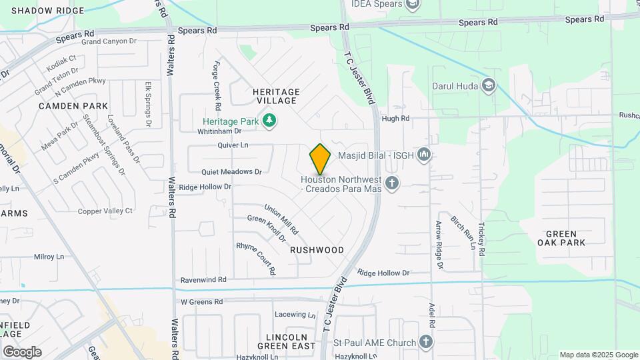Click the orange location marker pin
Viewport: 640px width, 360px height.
320,159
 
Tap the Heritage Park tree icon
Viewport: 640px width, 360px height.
269,121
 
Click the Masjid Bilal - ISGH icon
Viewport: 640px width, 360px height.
424,156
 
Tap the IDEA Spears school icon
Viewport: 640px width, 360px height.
413,5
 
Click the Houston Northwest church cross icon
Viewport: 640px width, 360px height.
392,182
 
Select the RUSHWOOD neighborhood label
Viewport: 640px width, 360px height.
317,250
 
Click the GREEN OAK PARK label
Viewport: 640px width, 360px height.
565,238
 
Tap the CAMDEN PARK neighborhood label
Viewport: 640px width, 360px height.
73,106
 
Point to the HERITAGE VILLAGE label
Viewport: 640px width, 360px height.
276,96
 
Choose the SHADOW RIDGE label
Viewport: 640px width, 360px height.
48,11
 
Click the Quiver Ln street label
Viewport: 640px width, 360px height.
233,145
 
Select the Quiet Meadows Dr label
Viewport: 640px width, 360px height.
231,171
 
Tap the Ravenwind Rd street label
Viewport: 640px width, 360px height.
203,279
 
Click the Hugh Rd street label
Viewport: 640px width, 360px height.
395,119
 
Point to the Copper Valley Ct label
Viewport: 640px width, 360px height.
105,211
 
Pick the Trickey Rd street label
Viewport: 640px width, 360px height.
481,237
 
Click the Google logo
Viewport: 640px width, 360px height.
22,351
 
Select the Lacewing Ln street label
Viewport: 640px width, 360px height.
295,315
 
